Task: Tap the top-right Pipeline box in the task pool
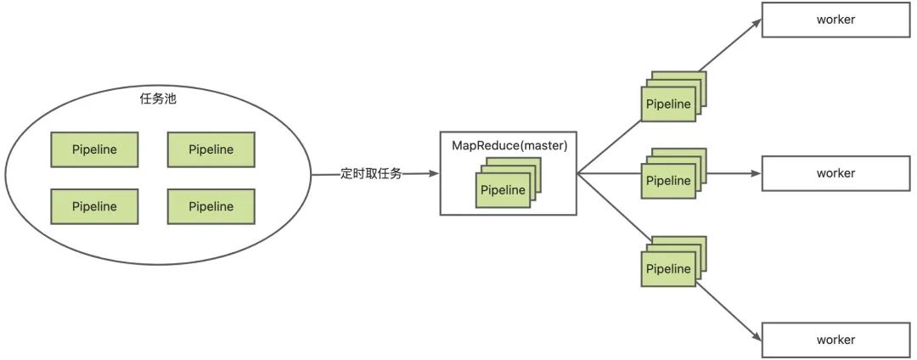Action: pos(211,149)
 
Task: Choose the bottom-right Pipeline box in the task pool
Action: pos(211,206)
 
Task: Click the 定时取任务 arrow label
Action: pos(371,173)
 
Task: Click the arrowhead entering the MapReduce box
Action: pos(434,173)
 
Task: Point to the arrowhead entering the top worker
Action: pos(756,23)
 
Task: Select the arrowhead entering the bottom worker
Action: pos(756,337)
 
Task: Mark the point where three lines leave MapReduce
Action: pos(577,173)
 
